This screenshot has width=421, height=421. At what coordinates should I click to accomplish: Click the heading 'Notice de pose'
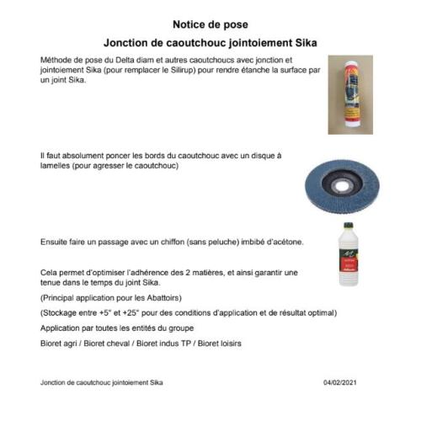click(x=210, y=24)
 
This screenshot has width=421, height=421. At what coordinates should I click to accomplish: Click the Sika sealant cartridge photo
click(x=350, y=94)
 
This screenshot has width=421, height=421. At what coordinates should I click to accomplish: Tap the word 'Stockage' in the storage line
click(x=63, y=313)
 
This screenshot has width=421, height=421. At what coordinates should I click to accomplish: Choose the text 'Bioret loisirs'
click(x=216, y=342)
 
